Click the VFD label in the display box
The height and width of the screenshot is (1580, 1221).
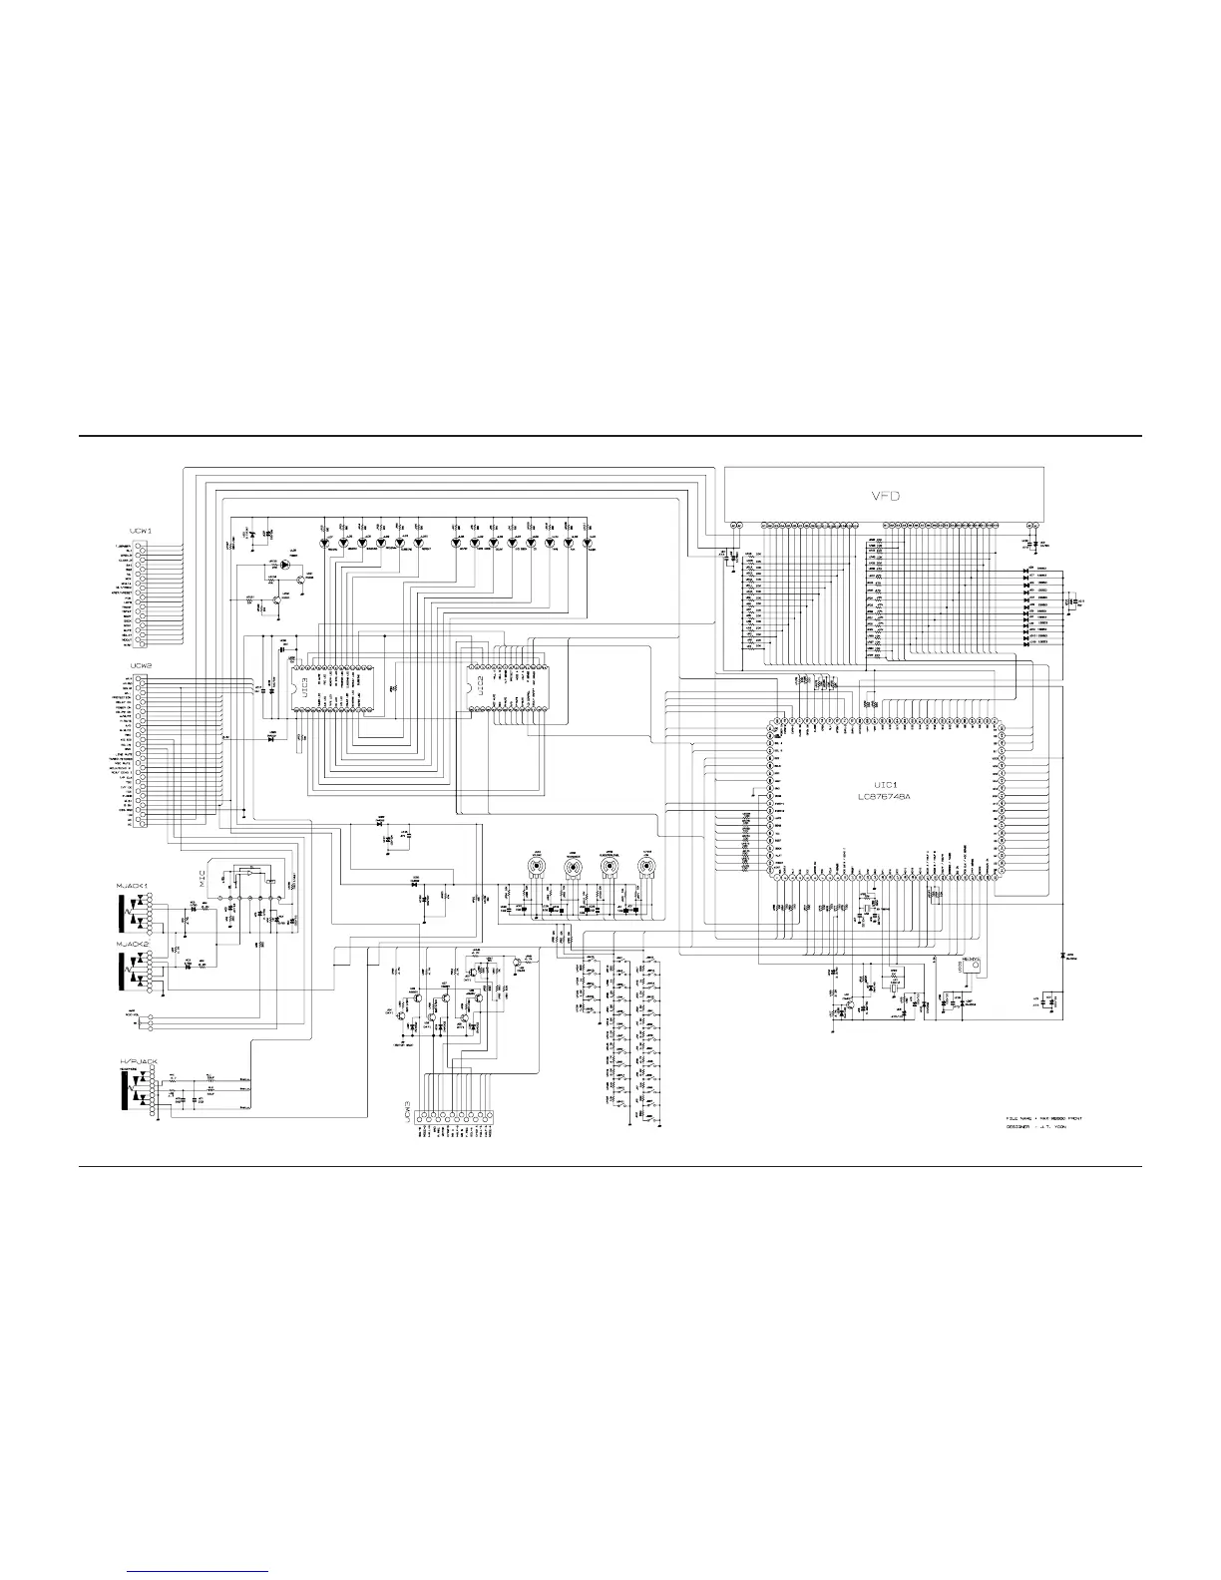[x=885, y=494]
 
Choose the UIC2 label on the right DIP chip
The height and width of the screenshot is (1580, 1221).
[x=479, y=685]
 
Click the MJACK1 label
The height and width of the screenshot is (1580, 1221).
[x=132, y=886]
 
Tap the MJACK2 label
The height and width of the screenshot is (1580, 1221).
[x=132, y=944]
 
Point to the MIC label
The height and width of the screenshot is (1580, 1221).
[x=202, y=881]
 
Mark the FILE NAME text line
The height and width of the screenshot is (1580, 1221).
[x=1043, y=1118]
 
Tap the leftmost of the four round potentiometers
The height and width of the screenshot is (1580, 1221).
[x=538, y=867]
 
